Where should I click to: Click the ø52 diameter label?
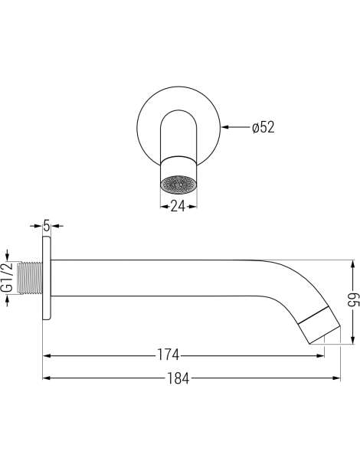tap(263, 127)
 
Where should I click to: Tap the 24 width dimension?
tap(178, 206)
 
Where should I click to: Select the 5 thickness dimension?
tap(46, 225)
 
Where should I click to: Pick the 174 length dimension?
tap(169, 355)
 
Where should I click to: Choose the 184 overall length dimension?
tap(178, 378)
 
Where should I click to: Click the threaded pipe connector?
tap(30, 277)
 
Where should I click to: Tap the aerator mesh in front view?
tap(178, 184)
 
